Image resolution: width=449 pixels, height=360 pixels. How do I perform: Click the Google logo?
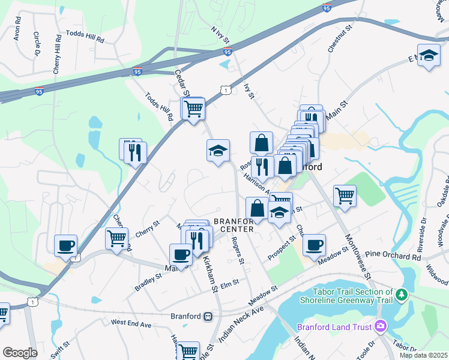[20, 353]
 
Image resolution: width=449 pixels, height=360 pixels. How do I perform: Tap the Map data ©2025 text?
[423, 355]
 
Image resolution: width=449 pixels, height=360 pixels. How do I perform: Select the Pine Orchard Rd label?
[393, 256]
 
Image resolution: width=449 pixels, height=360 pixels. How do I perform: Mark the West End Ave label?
[131, 323]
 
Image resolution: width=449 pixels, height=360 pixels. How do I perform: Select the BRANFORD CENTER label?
[236, 224]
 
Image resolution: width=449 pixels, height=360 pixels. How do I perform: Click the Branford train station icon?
[208, 316]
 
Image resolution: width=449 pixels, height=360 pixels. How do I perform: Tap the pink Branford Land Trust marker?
[379, 327]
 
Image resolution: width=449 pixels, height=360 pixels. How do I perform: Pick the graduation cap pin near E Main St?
[428, 56]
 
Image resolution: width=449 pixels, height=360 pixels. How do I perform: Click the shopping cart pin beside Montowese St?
[345, 195]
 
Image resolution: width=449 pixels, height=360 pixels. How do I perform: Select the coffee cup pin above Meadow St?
[314, 245]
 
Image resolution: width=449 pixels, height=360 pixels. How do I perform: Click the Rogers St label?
[238, 251]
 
